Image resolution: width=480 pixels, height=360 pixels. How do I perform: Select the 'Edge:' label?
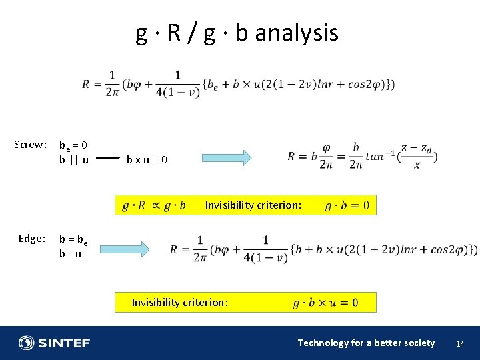(x=32, y=238)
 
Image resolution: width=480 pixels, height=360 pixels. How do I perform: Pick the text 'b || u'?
(x=74, y=159)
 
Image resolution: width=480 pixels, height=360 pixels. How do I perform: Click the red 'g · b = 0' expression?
(x=347, y=205)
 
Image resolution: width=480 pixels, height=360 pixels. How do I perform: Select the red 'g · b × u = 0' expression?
(x=325, y=303)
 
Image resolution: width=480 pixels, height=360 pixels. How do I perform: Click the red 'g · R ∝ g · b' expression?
(x=153, y=205)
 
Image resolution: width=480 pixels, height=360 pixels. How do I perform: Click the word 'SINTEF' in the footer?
(x=64, y=343)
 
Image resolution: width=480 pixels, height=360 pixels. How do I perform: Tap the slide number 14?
(x=459, y=343)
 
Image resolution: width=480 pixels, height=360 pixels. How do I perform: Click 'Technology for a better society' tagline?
(x=366, y=343)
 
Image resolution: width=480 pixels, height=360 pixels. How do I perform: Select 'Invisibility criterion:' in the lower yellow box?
(x=180, y=303)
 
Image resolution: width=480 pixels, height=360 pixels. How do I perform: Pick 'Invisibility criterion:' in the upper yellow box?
(x=253, y=205)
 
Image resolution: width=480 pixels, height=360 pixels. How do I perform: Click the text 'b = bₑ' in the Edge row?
(x=73, y=239)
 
